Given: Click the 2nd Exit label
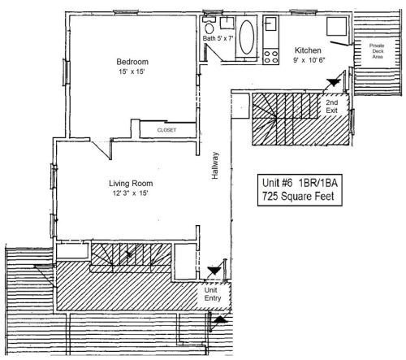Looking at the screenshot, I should tap(333, 108).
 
